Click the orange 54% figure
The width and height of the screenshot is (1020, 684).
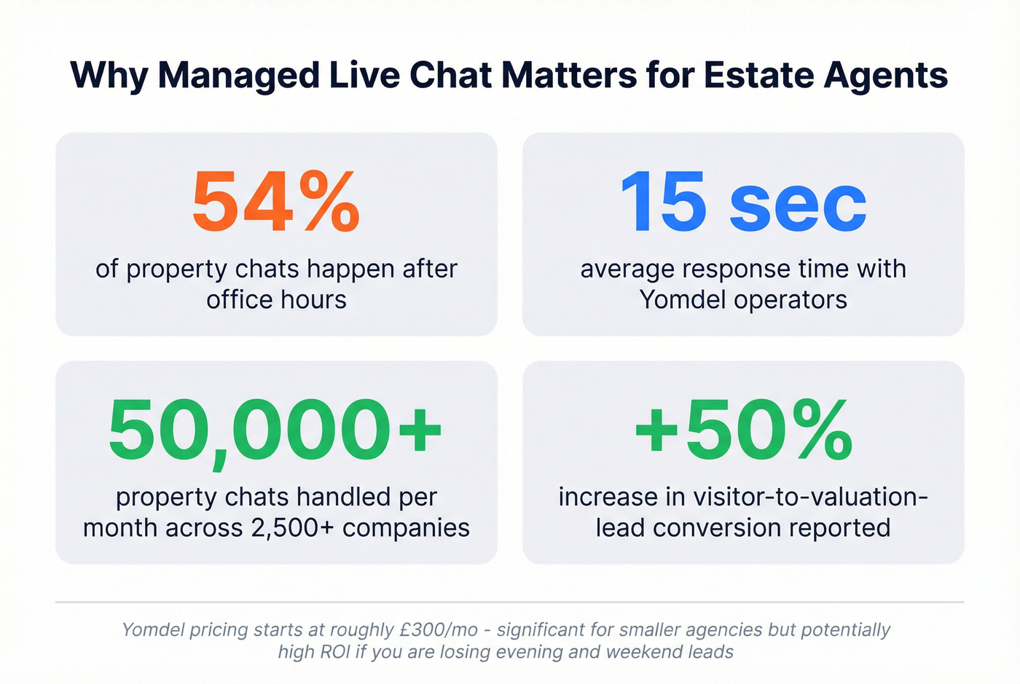(x=276, y=202)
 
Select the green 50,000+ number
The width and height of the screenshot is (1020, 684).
(x=275, y=431)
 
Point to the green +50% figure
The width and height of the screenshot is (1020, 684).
(x=743, y=431)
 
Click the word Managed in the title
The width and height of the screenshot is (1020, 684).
(x=238, y=76)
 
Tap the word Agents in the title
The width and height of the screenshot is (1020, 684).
(x=886, y=76)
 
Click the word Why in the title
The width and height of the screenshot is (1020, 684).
(x=109, y=76)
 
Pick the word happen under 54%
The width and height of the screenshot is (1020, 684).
(x=342, y=270)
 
